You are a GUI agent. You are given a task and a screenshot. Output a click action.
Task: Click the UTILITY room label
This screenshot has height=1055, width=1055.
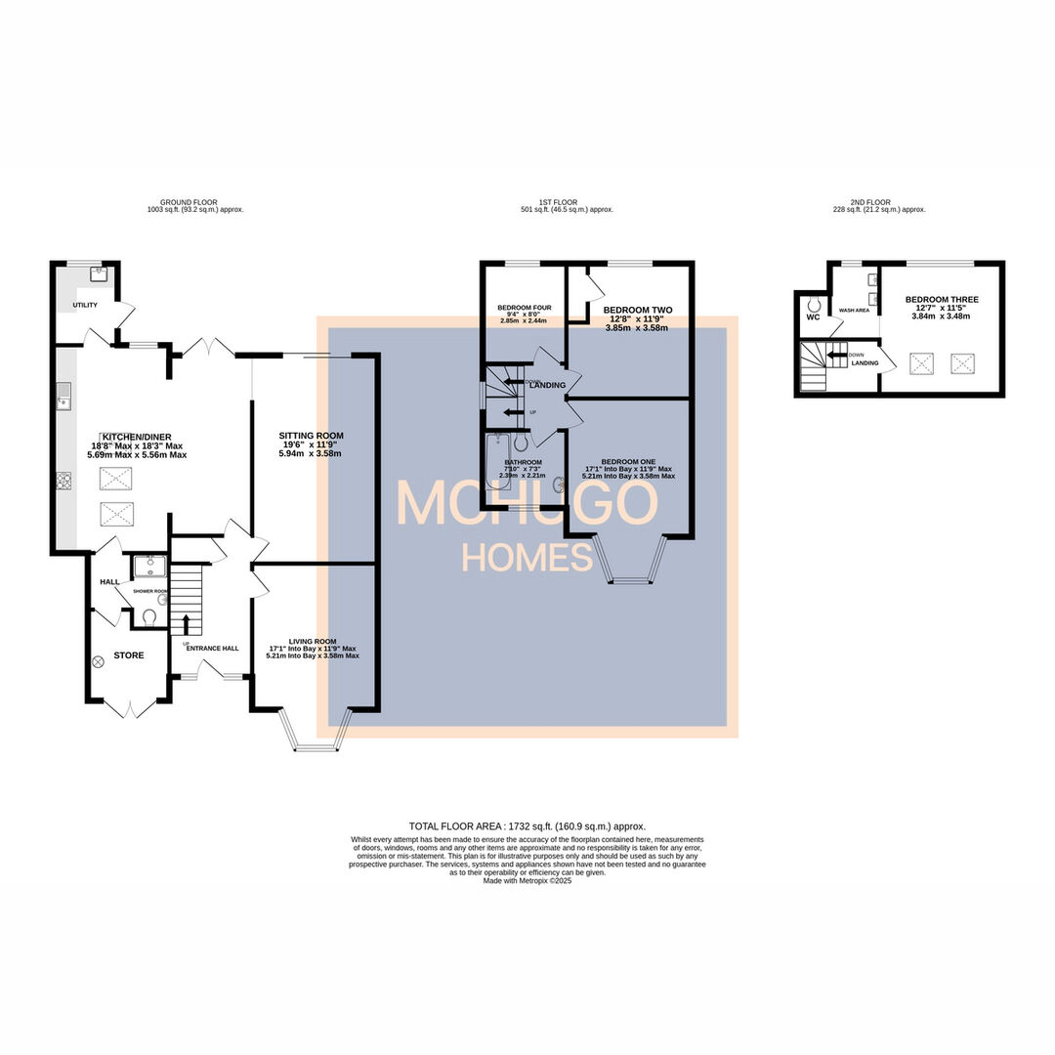(x=84, y=306)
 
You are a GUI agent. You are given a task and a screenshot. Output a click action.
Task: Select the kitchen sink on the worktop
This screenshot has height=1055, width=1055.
(x=63, y=397)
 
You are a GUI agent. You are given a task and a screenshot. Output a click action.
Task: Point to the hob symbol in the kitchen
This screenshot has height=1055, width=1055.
(x=64, y=480)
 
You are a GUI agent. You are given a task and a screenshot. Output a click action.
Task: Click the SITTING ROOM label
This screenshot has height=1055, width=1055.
(x=311, y=436)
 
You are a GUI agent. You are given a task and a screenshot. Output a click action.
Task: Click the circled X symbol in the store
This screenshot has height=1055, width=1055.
(x=98, y=661)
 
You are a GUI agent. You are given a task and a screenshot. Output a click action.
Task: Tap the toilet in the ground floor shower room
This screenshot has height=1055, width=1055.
(x=149, y=617)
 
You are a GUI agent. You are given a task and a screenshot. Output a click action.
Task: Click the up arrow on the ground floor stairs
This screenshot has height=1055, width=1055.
(x=185, y=625)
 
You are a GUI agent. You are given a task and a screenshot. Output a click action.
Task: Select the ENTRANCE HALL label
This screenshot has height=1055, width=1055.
(x=212, y=648)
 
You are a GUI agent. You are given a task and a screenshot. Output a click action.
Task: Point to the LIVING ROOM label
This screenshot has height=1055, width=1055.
(x=312, y=641)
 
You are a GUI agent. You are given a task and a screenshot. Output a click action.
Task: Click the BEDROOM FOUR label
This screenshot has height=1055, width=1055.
(x=524, y=307)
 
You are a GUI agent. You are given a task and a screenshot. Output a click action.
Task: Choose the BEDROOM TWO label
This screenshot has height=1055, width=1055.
(x=637, y=310)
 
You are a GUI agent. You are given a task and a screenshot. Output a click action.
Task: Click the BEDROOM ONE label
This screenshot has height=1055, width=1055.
(x=628, y=461)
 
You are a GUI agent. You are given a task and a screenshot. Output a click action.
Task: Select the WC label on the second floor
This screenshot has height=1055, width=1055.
(x=812, y=316)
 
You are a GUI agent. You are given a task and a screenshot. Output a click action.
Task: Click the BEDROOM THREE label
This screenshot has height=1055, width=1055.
(x=941, y=300)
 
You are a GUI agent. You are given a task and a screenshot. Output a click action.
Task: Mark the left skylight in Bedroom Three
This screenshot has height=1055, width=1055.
(x=921, y=363)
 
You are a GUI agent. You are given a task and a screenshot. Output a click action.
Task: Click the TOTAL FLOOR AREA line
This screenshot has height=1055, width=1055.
(x=527, y=825)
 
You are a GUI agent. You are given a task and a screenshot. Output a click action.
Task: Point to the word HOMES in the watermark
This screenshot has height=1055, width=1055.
(x=527, y=558)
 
